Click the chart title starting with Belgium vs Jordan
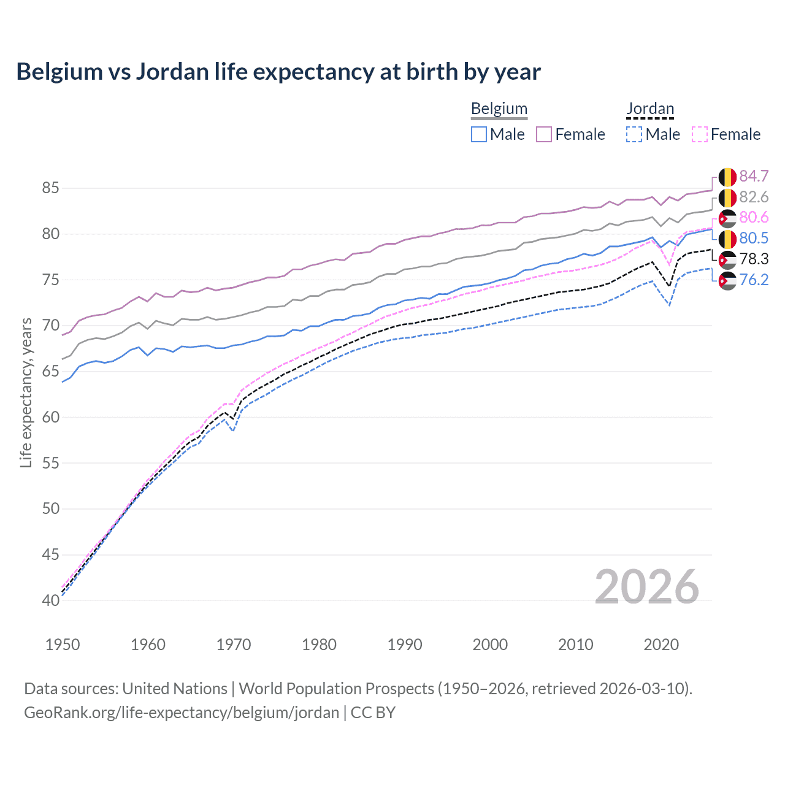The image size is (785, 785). pos(278,72)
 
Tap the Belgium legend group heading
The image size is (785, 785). pos(499,109)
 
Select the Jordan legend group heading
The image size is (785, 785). pos(650,109)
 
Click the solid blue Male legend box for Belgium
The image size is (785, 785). pos(479,134)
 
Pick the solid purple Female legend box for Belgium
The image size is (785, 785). pos(544,134)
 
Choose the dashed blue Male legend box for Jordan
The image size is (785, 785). pos(634,134)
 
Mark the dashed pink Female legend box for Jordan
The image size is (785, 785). pos(699,134)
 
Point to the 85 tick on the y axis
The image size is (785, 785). pos(50,188)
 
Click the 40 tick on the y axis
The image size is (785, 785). pos(50,600)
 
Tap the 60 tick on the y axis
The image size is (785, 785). pos(50,417)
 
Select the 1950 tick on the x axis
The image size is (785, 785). pos(63,645)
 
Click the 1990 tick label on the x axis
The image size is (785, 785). pos(405,645)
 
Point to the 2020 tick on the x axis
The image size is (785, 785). pos(661,645)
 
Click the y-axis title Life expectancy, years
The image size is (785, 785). pos(26,392)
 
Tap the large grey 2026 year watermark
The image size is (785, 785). pos(646,587)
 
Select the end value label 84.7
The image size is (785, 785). pos(754,177)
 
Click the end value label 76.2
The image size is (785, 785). pos(754,280)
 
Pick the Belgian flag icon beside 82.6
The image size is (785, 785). pos(727,197)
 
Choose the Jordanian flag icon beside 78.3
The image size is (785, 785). pos(727,260)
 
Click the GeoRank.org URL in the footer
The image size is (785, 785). pos(182,713)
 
